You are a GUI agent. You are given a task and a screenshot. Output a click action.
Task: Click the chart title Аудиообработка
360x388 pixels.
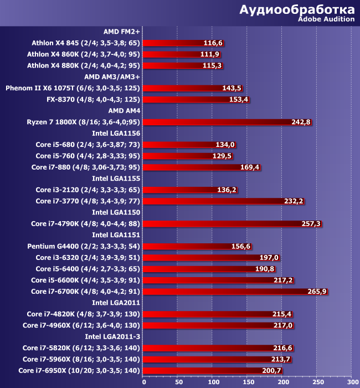pos(297,9)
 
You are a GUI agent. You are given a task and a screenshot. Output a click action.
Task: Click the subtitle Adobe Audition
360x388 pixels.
pos(326,19)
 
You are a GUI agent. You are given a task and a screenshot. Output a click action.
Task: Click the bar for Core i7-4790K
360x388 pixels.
pos(233,223)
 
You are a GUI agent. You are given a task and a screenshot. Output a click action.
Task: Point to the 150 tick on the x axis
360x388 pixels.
pos(247,382)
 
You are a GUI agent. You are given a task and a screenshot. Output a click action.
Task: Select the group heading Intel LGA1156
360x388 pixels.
pos(116,133)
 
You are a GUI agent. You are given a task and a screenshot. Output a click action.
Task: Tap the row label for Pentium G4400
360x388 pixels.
pos(84,246)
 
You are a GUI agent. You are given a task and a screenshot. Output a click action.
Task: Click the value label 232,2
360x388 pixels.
pos(293,201)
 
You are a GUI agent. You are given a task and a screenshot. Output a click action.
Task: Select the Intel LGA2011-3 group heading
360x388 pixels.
pos(112,336)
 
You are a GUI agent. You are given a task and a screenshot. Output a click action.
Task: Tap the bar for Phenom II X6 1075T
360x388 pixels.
pos(193,88)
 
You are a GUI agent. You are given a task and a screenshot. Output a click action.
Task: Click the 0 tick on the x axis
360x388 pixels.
pos(144,382)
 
